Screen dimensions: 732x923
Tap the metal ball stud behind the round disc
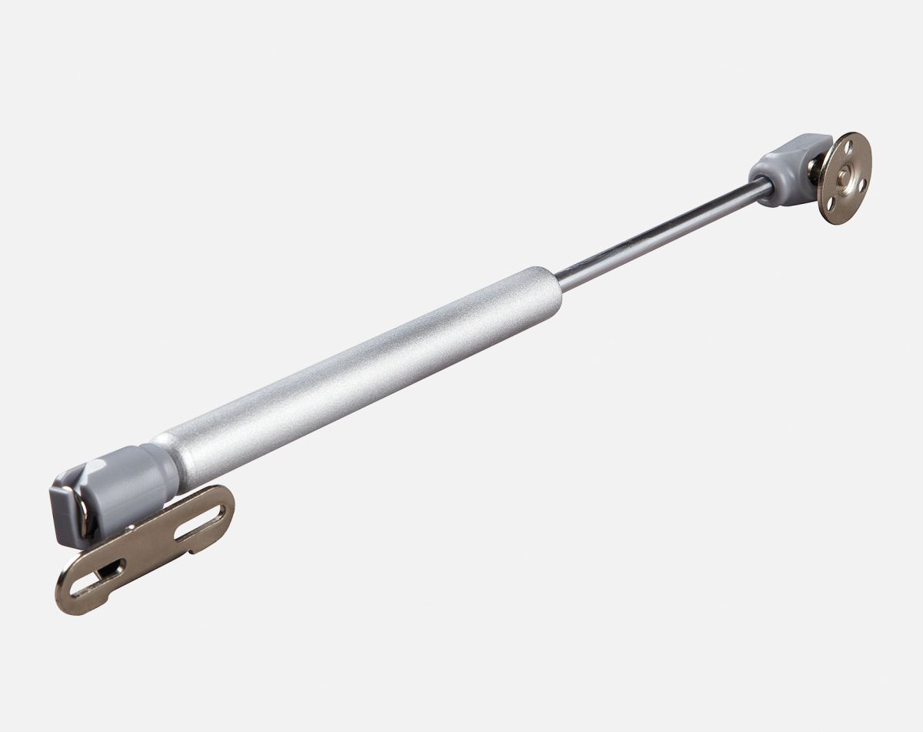(x=818, y=176)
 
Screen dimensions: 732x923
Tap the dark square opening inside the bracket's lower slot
(x=112, y=570)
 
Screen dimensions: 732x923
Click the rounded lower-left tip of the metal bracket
(x=65, y=597)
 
